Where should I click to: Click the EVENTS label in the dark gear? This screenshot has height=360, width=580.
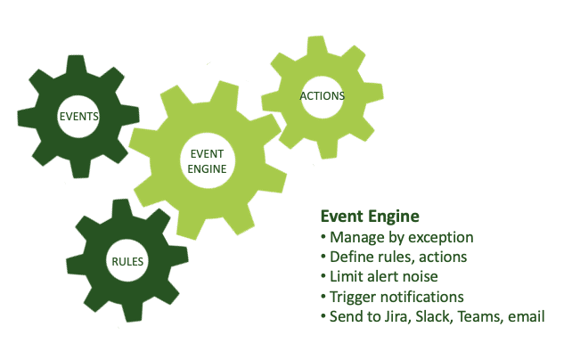[x=78, y=117]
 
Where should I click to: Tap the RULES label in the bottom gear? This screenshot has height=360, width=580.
[x=127, y=261]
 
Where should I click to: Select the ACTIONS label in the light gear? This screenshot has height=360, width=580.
[x=323, y=96]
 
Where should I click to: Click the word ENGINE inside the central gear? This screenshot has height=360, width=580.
[x=207, y=168]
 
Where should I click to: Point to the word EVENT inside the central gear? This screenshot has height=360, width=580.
[x=207, y=153]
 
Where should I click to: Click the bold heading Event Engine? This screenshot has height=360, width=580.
[x=370, y=217]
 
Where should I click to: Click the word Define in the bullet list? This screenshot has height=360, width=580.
[x=351, y=257]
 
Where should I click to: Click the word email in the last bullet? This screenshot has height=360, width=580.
[x=526, y=315]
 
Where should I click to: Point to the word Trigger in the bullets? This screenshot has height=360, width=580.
[x=353, y=296]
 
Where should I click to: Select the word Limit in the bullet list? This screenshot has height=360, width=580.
[x=346, y=276]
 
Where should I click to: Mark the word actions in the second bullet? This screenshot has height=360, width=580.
[x=442, y=257]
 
